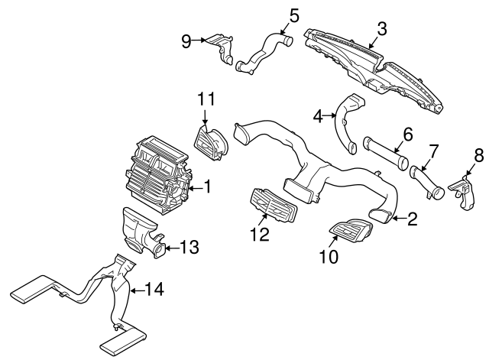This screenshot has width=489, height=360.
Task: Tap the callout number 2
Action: tap(412, 220)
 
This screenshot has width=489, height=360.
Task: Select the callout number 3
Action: tap(382, 29)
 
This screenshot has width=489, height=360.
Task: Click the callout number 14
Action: tap(154, 290)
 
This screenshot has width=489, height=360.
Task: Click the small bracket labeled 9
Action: tap(222, 45)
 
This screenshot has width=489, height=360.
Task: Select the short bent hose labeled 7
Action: tap(425, 181)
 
